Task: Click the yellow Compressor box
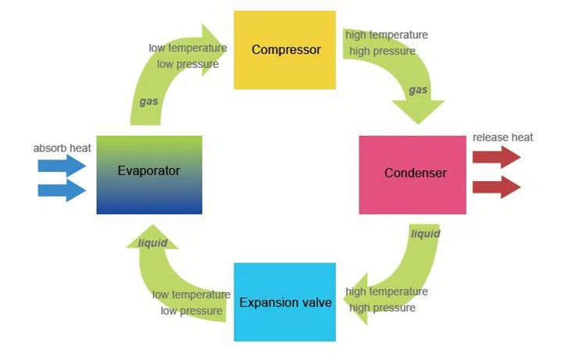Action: pos(285,50)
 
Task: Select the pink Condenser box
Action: pos(413,174)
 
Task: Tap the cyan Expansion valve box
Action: pos(285,302)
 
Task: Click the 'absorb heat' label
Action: pos(63,148)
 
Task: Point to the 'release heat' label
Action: pos(503,137)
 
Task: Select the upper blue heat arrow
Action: pos(62,165)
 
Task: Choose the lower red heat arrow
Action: pos(496,187)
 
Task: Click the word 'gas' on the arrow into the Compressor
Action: pos(148,102)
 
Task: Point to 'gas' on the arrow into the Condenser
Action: pos(418,90)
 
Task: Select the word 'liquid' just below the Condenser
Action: pos(425,233)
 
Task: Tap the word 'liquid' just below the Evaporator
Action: pos(153,243)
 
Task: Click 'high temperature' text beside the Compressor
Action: pos(387,34)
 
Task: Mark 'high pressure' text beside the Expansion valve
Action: pos(382,308)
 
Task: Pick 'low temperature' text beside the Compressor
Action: pos(188,48)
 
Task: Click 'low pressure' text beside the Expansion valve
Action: pos(192,311)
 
